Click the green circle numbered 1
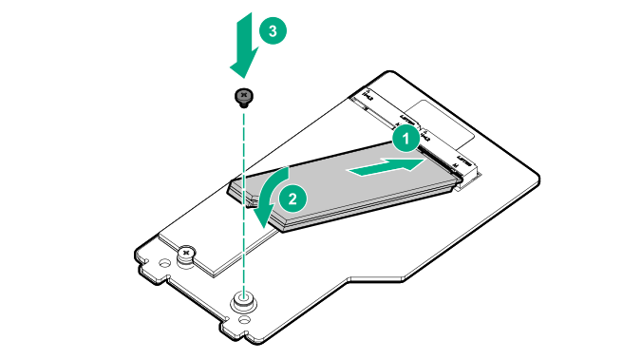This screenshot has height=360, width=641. (405, 138)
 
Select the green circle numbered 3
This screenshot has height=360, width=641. (273, 31)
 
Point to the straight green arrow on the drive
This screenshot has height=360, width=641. (385, 168)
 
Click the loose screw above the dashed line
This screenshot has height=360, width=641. (244, 96)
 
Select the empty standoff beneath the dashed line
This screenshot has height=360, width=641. (244, 299)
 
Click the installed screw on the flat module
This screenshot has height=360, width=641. (187, 254)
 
